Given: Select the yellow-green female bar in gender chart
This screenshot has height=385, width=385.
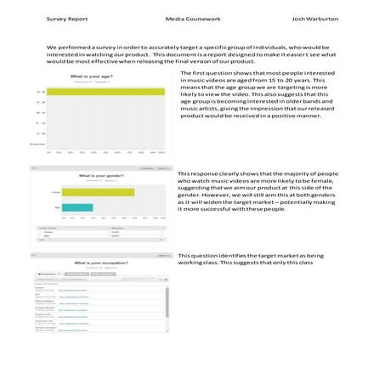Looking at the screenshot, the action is (97, 192).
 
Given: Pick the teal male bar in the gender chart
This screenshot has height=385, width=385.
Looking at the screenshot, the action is (76, 207).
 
